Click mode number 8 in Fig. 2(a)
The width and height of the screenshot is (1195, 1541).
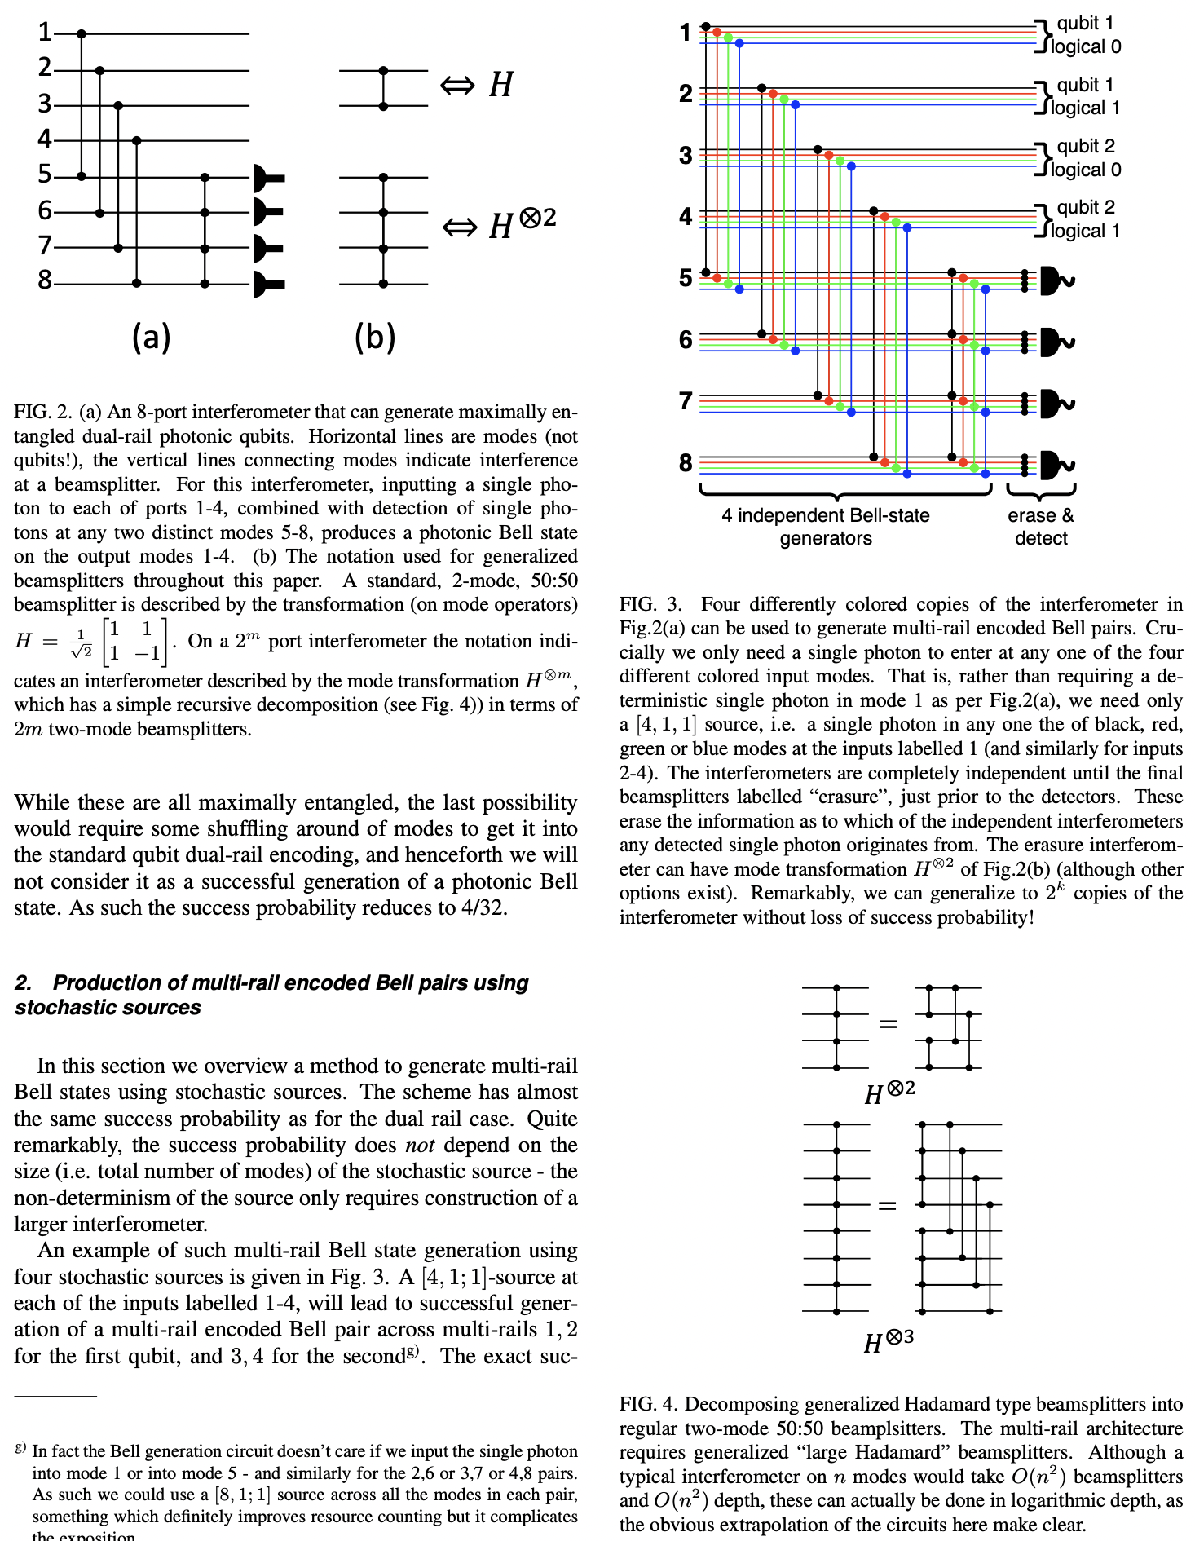coord(45,280)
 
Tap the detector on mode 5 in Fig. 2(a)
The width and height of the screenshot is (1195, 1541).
coord(268,177)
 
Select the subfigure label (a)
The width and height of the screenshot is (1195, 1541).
coord(151,337)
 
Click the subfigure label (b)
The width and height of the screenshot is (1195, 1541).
coord(374,337)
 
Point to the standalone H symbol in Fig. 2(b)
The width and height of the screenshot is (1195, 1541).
coord(500,85)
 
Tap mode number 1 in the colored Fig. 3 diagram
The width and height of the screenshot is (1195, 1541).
coord(686,33)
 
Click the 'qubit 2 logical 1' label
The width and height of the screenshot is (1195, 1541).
coord(1084,219)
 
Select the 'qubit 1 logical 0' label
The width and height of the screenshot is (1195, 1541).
coord(1084,35)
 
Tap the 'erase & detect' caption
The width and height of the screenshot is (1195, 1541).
coord(1041,527)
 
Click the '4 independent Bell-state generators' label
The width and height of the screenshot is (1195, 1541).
coord(825,527)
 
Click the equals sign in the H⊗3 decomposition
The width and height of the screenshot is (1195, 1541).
coord(888,1206)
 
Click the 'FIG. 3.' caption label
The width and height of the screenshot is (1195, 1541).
coord(650,604)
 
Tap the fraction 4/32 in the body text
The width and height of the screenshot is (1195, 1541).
coord(483,908)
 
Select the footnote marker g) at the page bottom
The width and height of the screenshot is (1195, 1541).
coord(20,1448)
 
